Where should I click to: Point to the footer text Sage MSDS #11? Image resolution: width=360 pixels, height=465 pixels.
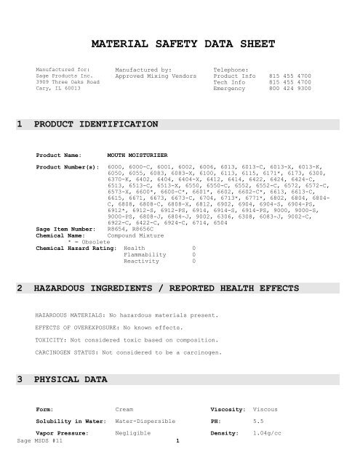(x=36, y=460)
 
